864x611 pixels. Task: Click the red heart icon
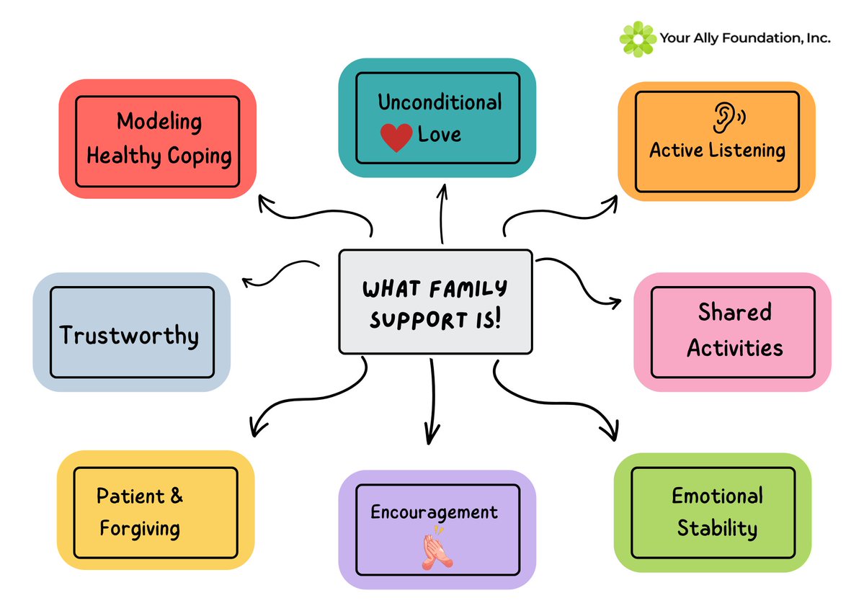point(396,137)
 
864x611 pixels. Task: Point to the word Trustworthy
point(129,336)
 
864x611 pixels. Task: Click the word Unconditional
point(440,102)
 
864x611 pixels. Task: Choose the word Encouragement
point(434,512)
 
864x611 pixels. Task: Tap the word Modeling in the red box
point(159,121)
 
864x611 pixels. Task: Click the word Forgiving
point(140,528)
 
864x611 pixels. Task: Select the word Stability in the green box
point(717,528)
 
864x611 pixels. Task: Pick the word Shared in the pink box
point(734,313)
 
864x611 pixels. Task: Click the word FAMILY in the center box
point(465,290)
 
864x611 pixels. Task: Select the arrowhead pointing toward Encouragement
point(432,437)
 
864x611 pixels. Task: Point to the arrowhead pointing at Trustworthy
point(247,281)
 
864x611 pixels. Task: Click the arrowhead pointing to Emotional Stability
point(611,433)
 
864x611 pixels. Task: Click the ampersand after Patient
point(176,496)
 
